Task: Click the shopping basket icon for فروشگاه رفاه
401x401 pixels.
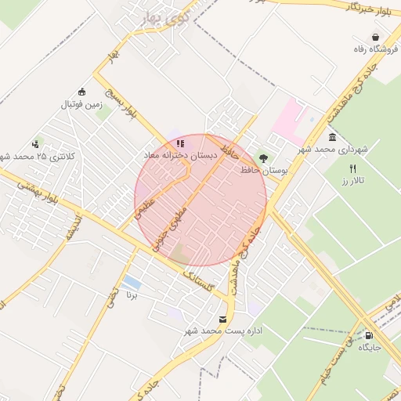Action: point(376,38)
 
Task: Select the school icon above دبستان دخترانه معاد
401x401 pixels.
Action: point(181,143)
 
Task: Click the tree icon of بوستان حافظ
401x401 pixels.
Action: point(262,157)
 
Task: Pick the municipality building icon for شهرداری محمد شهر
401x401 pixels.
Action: point(333,136)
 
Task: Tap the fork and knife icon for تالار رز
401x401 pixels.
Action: point(353,169)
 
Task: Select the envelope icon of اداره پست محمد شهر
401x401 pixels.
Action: point(224,319)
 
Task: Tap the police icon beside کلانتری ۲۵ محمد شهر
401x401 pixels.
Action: point(36,144)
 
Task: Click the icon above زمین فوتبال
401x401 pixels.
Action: point(82,91)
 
